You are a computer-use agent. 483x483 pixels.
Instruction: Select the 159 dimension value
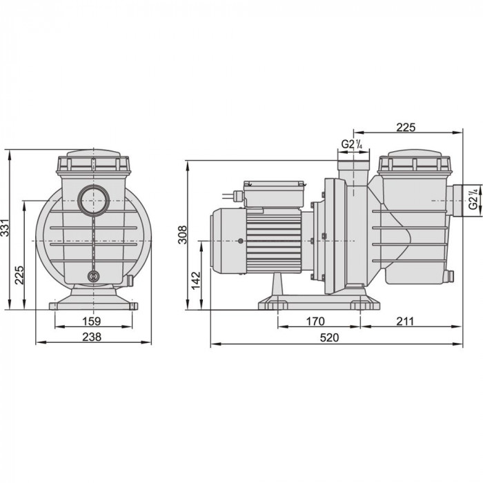[92, 322]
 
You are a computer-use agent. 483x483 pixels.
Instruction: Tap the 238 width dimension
[92, 337]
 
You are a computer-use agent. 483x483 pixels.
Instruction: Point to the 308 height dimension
[182, 235]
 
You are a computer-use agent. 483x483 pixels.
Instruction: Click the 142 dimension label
[196, 280]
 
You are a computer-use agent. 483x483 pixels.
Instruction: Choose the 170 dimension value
[315, 322]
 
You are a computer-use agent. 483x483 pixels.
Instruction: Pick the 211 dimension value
[405, 322]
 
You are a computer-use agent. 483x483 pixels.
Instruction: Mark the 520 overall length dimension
[329, 337]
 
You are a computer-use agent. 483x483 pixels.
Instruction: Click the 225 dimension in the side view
[406, 127]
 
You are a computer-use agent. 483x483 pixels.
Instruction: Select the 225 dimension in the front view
[19, 275]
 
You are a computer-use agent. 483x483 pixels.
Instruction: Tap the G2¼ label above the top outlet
[352, 144]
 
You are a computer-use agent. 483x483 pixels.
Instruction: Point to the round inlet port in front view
[93, 201]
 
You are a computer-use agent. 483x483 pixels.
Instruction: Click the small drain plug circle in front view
[93, 276]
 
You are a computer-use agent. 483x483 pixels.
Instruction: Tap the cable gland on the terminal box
[238, 195]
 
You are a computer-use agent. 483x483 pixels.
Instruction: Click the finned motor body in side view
[273, 241]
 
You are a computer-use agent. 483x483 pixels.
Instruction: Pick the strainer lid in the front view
[93, 161]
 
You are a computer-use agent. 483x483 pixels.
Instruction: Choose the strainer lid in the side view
[414, 161]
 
